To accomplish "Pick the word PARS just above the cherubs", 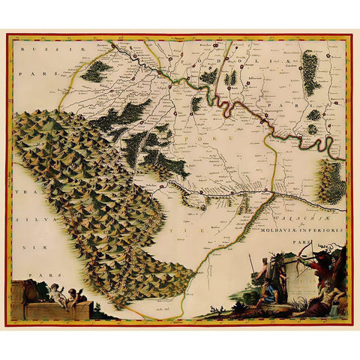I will [31, 275].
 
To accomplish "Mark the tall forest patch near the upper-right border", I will [310, 72].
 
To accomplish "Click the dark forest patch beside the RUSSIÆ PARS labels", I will [96, 71].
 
